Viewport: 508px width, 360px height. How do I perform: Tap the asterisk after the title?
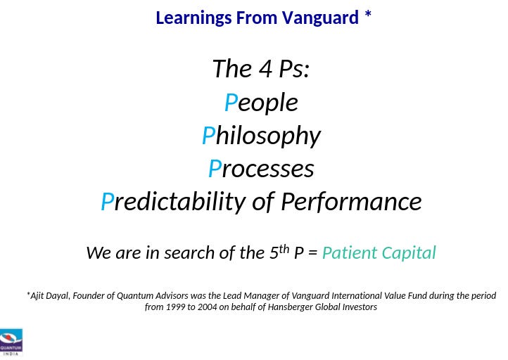coord(368,15)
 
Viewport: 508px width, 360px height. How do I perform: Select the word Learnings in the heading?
coord(193,18)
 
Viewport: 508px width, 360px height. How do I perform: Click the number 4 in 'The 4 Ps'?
coord(266,69)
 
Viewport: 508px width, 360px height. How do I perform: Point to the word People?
coord(261,103)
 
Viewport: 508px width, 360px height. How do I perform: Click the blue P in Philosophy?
coord(209,135)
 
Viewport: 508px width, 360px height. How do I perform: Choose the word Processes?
coord(261,168)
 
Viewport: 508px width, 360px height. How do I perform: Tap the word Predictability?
coord(174,202)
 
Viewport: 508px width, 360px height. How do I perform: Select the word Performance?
coord(351,201)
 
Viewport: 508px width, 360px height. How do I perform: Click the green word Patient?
coord(350,252)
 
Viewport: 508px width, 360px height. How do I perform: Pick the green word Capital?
coord(409,253)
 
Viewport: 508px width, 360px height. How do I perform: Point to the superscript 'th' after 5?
coord(284,249)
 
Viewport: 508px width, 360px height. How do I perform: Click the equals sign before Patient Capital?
coord(312,253)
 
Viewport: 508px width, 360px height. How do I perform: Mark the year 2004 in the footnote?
coord(207,307)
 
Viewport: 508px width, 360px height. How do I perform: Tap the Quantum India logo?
coord(11,342)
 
